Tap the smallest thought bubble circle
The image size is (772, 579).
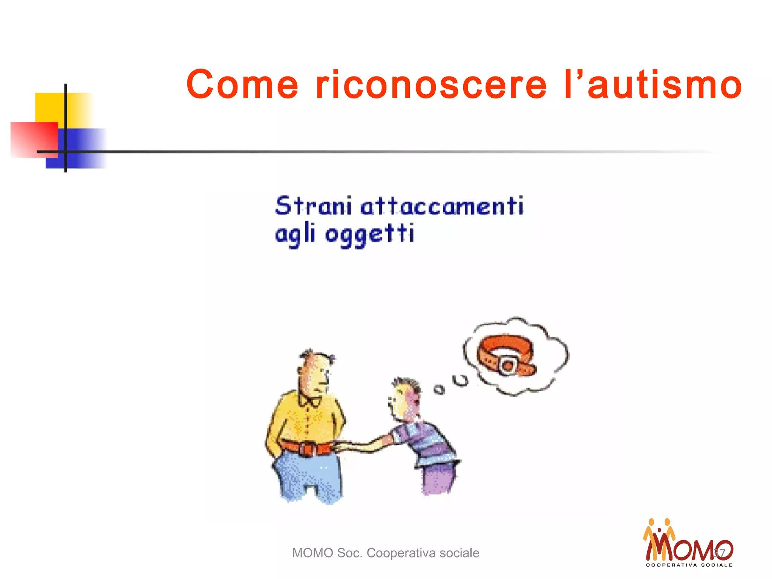pos(439,389)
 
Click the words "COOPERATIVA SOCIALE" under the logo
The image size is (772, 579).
pos(689,565)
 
